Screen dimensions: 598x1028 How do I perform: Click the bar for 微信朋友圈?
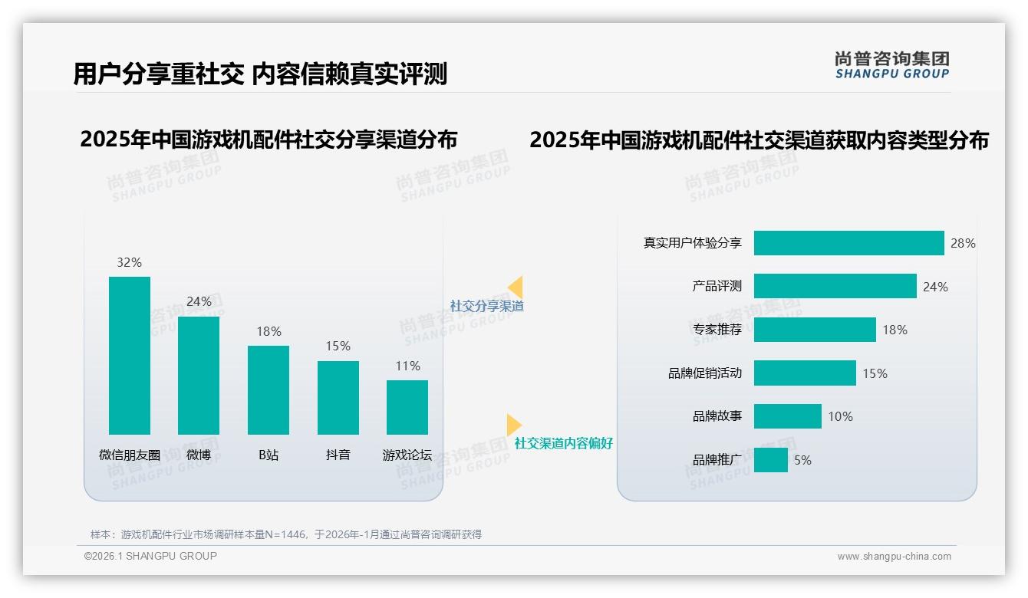click(x=130, y=356)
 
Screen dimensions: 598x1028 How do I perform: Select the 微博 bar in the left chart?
click(x=199, y=376)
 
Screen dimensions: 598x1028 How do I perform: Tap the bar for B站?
click(x=269, y=390)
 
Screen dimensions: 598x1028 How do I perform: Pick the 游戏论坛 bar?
click(x=407, y=407)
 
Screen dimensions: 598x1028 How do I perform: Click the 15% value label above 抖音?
click(x=338, y=346)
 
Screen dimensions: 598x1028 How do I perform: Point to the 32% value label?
click(x=130, y=262)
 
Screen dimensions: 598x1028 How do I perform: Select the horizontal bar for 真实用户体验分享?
click(x=848, y=243)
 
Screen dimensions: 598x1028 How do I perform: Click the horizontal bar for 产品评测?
click(x=835, y=286)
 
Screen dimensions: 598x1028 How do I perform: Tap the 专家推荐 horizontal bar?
click(x=815, y=330)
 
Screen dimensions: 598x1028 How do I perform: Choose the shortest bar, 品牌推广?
click(x=770, y=460)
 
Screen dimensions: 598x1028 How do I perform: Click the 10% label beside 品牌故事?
click(x=840, y=416)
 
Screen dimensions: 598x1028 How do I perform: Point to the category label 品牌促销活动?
click(x=705, y=373)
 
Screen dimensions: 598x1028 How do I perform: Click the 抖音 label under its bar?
click(x=338, y=455)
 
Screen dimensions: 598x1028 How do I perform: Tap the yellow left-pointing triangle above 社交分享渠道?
click(x=516, y=287)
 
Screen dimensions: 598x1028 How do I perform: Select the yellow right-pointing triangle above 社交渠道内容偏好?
click(x=513, y=425)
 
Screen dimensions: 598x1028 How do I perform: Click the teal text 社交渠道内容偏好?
click(x=564, y=443)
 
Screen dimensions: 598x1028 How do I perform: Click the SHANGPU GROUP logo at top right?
click(x=891, y=65)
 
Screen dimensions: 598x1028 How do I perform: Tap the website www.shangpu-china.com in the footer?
click(x=894, y=557)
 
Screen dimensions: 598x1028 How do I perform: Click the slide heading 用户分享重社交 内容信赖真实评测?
click(x=260, y=74)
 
